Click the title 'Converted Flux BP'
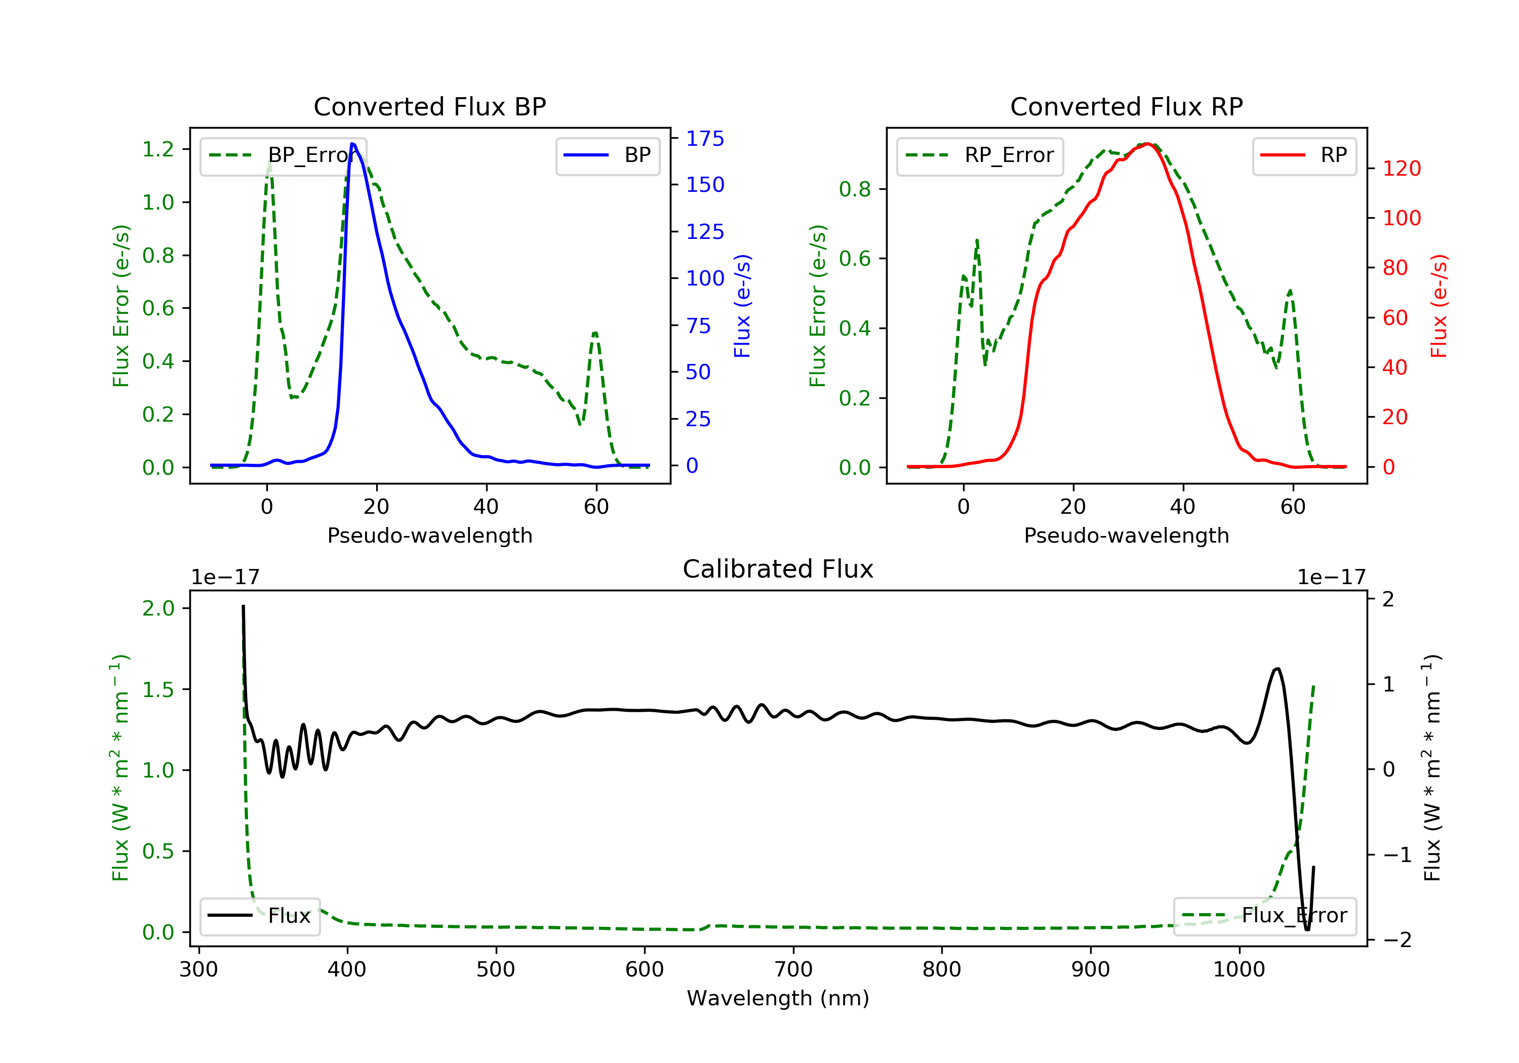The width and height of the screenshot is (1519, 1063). tap(430, 106)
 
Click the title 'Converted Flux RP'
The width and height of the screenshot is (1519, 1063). tap(1127, 106)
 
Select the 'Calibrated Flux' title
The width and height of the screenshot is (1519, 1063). tap(778, 569)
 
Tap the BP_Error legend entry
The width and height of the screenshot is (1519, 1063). tap(283, 155)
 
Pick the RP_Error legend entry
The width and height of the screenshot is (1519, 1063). tap(980, 155)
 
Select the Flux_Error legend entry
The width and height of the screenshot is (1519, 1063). tap(1264, 916)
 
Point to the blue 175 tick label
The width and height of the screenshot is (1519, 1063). tap(705, 138)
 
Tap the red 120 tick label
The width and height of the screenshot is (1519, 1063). tap(1402, 168)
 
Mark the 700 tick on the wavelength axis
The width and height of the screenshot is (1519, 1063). tap(793, 970)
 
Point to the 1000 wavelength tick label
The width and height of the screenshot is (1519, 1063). tap(1239, 970)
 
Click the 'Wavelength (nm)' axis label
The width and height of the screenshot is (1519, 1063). tap(778, 998)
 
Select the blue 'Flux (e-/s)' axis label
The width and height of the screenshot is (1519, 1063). tap(742, 306)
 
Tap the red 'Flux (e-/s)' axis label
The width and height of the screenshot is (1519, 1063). tap(1439, 306)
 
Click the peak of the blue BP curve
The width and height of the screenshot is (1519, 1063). tap(352, 144)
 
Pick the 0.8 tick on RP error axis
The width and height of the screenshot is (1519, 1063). tap(855, 189)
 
